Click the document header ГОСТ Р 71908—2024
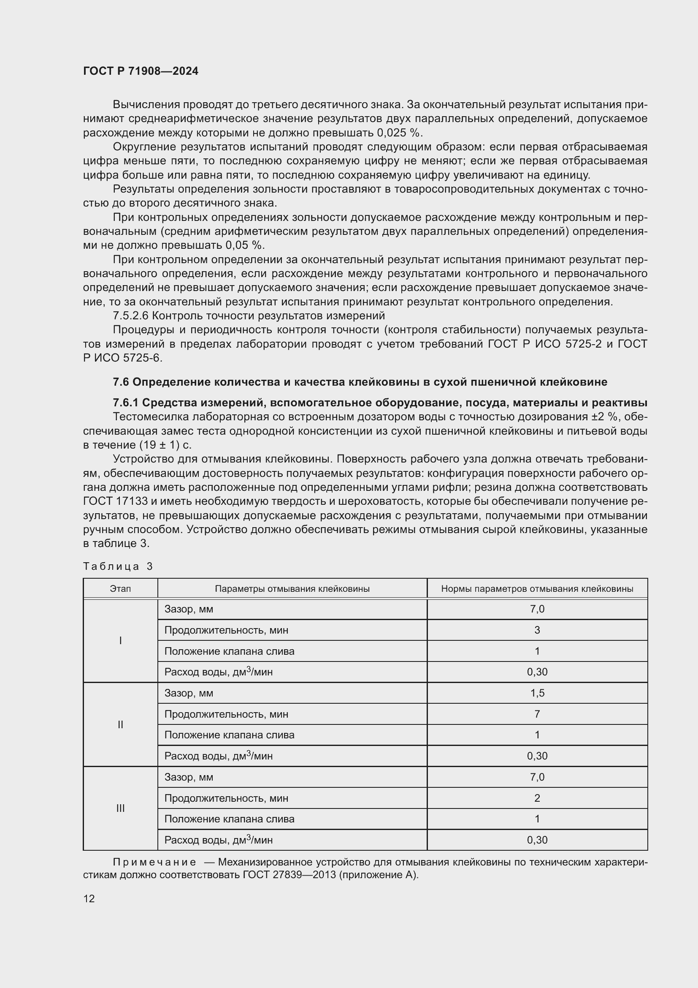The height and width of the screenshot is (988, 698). [141, 71]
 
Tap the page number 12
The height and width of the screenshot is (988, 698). [89, 898]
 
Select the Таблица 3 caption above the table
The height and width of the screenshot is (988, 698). [118, 566]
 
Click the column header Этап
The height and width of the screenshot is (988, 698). [120, 589]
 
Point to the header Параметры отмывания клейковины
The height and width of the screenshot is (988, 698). [292, 589]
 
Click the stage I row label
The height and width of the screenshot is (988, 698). [120, 641]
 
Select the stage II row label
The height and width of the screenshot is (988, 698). [120, 725]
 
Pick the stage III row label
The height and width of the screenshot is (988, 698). [120, 808]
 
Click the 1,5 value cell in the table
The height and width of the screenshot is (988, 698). [537, 693]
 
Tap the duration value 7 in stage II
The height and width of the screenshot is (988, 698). [537, 714]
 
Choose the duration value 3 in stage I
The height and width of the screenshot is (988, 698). [537, 630]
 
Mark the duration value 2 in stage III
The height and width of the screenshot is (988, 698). [537, 798]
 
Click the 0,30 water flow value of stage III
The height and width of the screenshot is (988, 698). [537, 840]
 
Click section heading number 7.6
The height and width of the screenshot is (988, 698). [121, 382]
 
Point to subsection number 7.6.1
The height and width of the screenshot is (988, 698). [125, 403]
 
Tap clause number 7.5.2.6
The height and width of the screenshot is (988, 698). [130, 316]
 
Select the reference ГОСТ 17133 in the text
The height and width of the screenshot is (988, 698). [116, 501]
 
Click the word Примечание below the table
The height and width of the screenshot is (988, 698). [154, 863]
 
